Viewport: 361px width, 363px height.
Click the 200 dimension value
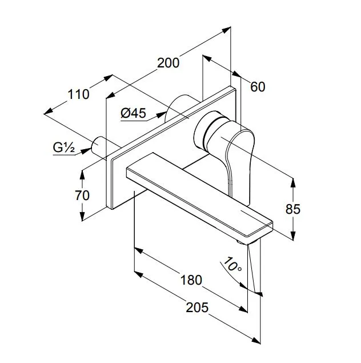[168, 63]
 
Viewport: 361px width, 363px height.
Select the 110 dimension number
[78, 94]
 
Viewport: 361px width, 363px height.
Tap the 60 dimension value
[258, 87]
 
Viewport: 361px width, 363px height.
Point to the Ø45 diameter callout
[134, 113]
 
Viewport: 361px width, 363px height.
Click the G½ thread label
[64, 147]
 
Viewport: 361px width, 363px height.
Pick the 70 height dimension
[82, 196]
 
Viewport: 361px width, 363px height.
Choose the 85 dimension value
[293, 209]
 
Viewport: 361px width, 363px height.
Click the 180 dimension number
[191, 280]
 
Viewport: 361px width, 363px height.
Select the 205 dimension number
[197, 308]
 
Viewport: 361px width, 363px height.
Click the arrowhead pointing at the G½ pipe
[86, 151]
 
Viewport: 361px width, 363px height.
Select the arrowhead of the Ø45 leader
[161, 115]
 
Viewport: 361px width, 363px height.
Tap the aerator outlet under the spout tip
[246, 242]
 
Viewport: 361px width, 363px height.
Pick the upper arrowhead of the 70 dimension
[82, 175]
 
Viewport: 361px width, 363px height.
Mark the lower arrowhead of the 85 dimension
[293, 236]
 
